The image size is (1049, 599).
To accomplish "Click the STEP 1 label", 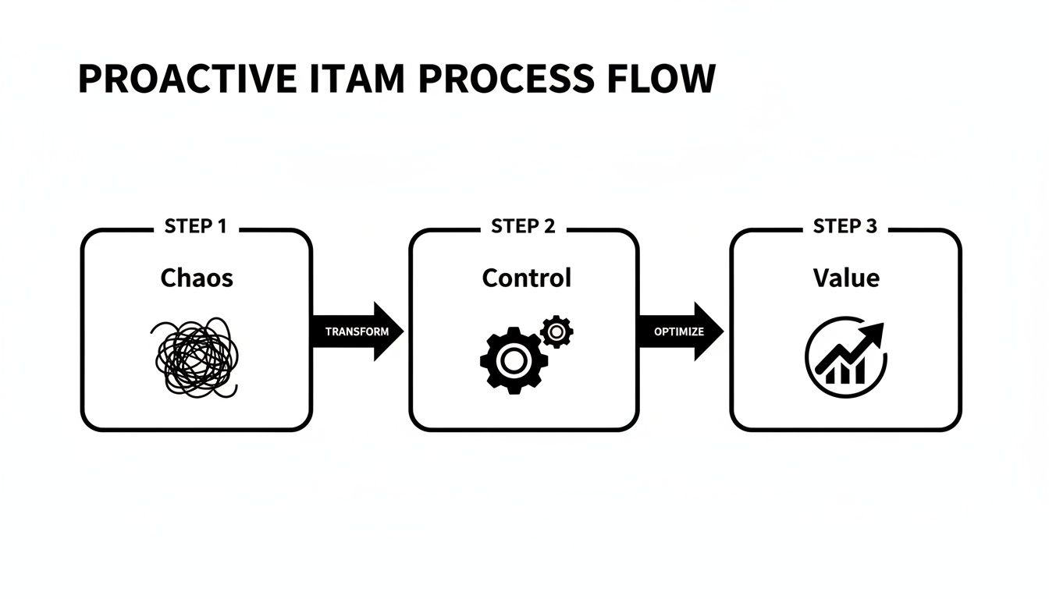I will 195,227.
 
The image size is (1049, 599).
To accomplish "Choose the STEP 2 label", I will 523,227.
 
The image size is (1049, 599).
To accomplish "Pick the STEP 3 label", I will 845,227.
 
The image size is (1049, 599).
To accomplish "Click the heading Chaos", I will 196,278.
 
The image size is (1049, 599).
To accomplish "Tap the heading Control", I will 526,278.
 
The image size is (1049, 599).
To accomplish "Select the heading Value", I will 845,278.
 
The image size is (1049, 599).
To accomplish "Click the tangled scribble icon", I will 195,358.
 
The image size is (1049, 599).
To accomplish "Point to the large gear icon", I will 512,360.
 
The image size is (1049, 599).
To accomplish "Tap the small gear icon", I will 556,332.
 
